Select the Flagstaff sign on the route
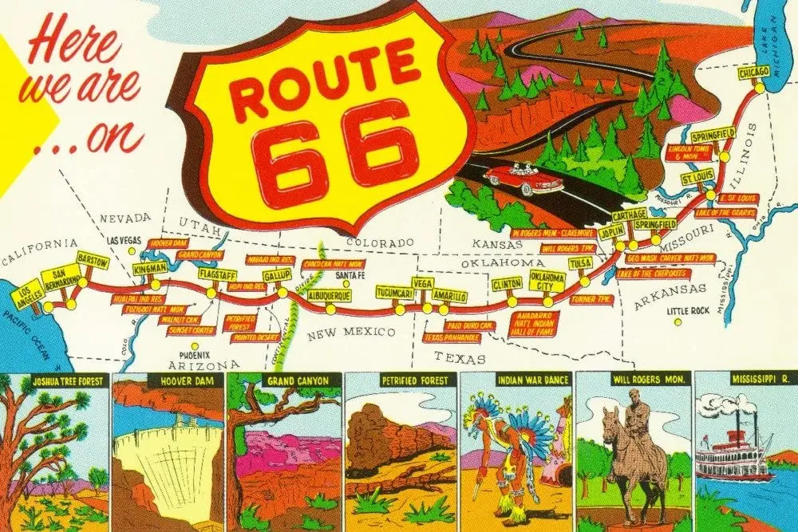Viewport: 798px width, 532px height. [x=217, y=276]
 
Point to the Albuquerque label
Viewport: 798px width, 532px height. [x=330, y=295]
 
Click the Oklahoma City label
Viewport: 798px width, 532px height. [x=547, y=282]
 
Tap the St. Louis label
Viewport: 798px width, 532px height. [x=697, y=177]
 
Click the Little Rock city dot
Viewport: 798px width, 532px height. [x=678, y=322]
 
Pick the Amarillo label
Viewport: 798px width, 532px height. [x=450, y=298]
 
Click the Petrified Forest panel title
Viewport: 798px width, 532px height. [x=401, y=381]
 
